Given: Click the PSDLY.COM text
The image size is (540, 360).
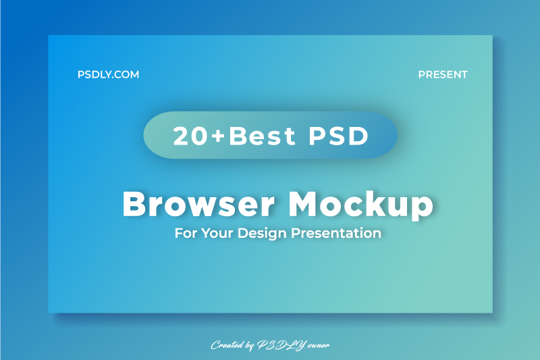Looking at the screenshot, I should (x=108, y=75).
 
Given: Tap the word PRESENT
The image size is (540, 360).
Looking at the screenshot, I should (x=443, y=75).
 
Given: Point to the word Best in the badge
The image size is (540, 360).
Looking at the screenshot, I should (x=262, y=136).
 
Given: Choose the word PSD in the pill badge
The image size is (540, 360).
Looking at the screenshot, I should (x=339, y=136).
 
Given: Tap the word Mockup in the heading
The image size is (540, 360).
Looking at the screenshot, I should (x=360, y=203).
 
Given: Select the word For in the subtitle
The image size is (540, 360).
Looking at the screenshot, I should (x=184, y=234).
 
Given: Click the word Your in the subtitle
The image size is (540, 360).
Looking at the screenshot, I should (x=215, y=234).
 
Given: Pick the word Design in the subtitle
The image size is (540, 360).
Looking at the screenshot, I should (x=262, y=234).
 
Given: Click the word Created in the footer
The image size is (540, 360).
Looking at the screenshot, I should (x=227, y=345).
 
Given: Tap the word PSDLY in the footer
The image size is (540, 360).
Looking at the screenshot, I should (x=281, y=345).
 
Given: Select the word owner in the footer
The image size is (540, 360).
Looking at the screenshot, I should (x=317, y=345).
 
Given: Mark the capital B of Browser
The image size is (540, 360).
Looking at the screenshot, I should (x=134, y=203).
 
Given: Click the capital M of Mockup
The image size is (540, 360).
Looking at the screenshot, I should (x=305, y=203).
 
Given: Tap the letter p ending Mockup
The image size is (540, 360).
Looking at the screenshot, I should (x=423, y=206).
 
